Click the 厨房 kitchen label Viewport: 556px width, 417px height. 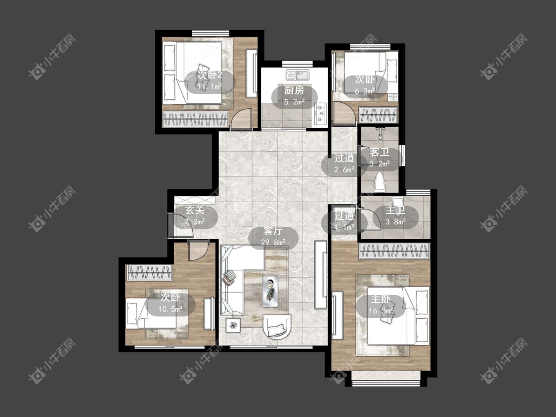click(x=294, y=90)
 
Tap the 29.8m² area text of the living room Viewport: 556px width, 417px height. click(x=273, y=243)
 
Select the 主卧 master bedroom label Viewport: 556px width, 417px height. click(x=381, y=299)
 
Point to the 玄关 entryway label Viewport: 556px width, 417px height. click(x=195, y=210)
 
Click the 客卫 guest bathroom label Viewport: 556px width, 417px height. click(x=380, y=153)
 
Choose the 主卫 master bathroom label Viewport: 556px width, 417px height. click(x=395, y=210)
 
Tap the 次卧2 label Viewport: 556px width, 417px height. click(x=210, y=75)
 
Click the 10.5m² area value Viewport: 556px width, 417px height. click(x=170, y=309)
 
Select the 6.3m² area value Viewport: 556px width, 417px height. click(x=365, y=91)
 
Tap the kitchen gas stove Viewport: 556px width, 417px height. click(x=321, y=114)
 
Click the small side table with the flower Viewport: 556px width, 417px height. click(x=233, y=325)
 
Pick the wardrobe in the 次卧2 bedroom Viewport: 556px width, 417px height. click(x=195, y=119)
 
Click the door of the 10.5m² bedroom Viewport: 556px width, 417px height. click(x=197, y=250)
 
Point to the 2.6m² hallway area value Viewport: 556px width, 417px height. click(x=344, y=170)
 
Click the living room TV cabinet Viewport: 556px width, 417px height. click(x=321, y=274)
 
